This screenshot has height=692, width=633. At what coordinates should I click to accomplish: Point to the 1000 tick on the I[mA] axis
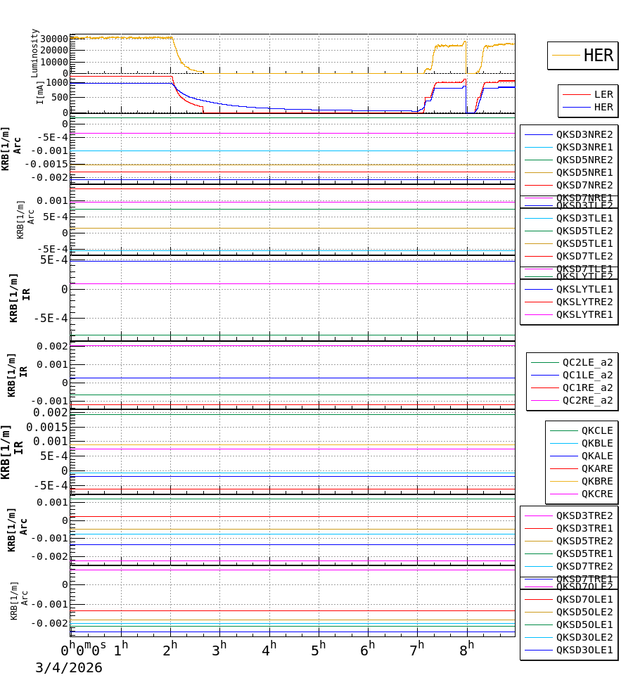pyautogui.click(x=57, y=82)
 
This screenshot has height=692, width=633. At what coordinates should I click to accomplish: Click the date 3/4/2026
pyautogui.click(x=69, y=668)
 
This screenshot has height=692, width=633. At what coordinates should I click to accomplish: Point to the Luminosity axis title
pyautogui.click(x=35, y=53)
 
